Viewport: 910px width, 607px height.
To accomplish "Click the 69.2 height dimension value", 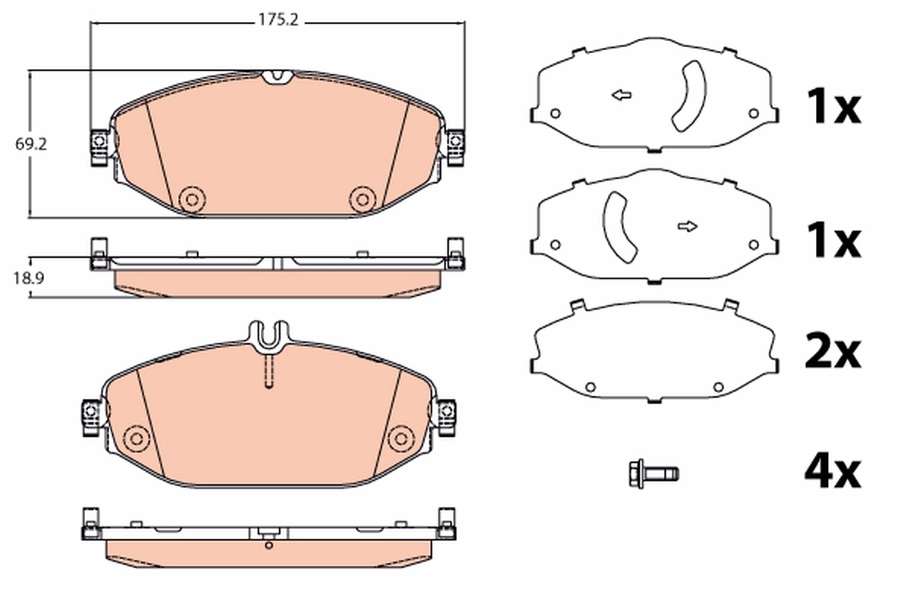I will pos(30,142).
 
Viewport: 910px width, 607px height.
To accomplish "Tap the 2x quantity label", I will pos(832,351).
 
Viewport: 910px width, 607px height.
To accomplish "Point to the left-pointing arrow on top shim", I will pos(622,96).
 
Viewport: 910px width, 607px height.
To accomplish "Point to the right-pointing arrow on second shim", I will pos(688,226).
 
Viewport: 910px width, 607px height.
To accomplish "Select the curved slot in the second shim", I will pos(620,225).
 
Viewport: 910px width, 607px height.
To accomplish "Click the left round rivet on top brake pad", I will pos(191,199).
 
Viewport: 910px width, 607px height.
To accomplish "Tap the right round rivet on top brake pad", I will pos(362,199).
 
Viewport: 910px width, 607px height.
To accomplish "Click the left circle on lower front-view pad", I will pos(137,438).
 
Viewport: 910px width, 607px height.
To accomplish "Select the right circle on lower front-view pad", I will pos(400,438).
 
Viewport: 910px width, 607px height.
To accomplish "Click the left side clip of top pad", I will pos(99,145).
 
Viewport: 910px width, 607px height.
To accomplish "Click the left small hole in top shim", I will pos(554,114).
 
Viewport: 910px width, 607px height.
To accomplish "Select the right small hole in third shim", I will pos(717,387).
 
